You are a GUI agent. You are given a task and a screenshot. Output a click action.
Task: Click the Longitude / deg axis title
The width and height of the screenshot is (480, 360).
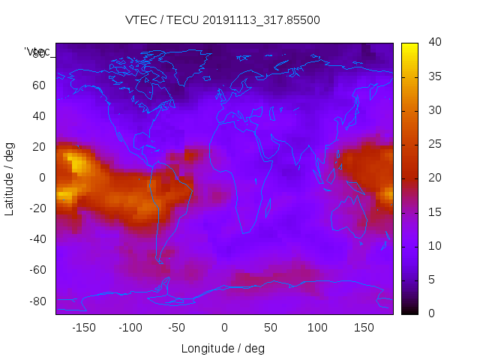223,349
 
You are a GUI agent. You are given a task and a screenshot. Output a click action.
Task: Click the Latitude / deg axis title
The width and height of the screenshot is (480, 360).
10,177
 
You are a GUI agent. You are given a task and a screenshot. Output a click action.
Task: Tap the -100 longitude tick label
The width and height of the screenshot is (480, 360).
130,327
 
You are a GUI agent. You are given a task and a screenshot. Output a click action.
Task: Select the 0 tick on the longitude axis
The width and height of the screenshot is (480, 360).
224,327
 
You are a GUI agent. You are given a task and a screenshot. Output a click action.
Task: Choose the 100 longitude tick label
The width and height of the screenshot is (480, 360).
317,327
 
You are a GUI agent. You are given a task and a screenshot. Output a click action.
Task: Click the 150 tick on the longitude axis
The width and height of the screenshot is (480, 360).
364,327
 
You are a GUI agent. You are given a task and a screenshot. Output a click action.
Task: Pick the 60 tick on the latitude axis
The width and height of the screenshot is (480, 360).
38,85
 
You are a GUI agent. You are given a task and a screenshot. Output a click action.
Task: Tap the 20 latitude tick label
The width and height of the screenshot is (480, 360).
38,146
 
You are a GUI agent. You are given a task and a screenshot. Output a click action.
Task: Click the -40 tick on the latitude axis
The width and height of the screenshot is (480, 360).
36,239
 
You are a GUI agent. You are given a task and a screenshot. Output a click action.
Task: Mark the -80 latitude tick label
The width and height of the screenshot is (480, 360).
36,301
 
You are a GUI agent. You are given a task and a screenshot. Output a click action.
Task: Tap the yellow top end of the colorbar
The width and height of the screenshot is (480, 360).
409,47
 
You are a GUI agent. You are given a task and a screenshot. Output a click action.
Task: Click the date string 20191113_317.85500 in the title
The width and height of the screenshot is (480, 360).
261,20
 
